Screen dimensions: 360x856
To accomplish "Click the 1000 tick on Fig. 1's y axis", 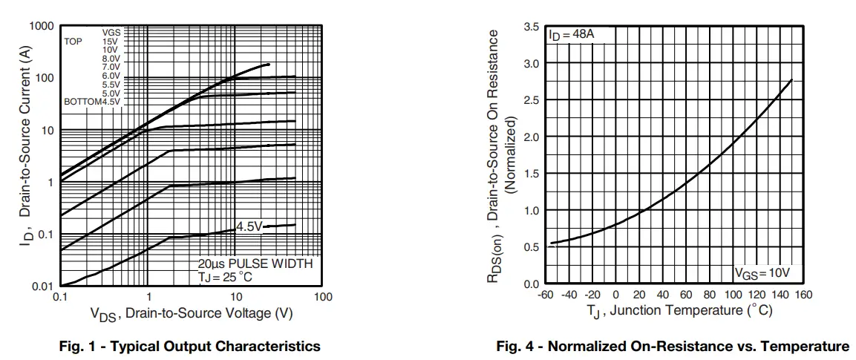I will [x=42, y=27].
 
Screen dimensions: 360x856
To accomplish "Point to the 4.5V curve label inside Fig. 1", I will [x=249, y=226].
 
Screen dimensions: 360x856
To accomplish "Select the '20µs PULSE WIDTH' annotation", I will [x=255, y=264].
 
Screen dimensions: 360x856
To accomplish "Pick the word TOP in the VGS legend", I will [x=73, y=42].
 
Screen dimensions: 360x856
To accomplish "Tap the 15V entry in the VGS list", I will [x=111, y=42].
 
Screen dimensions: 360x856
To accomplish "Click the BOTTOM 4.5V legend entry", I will [x=92, y=102].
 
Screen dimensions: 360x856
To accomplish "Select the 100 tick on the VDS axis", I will [x=322, y=297].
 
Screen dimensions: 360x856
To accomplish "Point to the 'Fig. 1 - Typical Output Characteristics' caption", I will [x=190, y=347].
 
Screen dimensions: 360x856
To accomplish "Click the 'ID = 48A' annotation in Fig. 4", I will [x=571, y=35].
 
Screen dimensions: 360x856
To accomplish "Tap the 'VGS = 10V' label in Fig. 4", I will [x=762, y=273].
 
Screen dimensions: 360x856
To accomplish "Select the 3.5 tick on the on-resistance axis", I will [x=532, y=27].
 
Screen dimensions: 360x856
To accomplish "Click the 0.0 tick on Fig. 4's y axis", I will [x=532, y=284].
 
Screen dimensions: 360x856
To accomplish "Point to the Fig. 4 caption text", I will [x=673, y=347].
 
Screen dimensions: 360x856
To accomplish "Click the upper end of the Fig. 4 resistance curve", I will [x=792, y=79].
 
